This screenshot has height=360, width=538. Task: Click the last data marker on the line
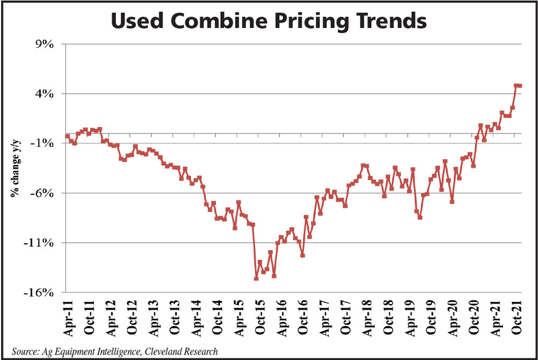(x=520, y=86)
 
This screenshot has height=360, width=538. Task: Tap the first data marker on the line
(x=67, y=136)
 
